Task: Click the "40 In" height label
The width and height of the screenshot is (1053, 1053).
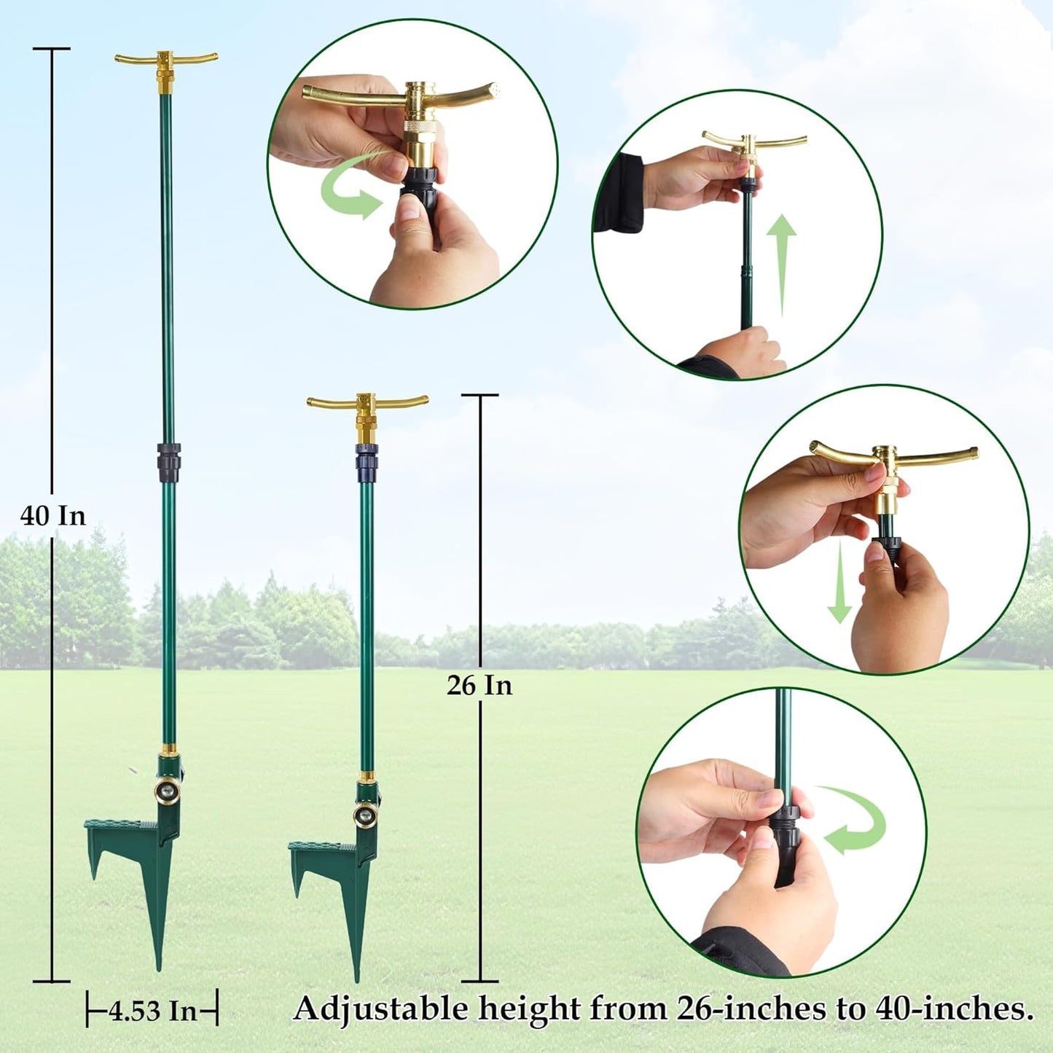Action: click(x=52, y=516)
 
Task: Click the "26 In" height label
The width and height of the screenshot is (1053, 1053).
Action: click(x=479, y=686)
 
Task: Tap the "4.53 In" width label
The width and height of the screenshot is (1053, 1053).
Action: click(x=153, y=1011)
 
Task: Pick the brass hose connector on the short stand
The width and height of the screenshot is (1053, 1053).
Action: click(x=364, y=813)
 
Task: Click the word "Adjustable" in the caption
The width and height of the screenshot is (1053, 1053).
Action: click(x=382, y=1009)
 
